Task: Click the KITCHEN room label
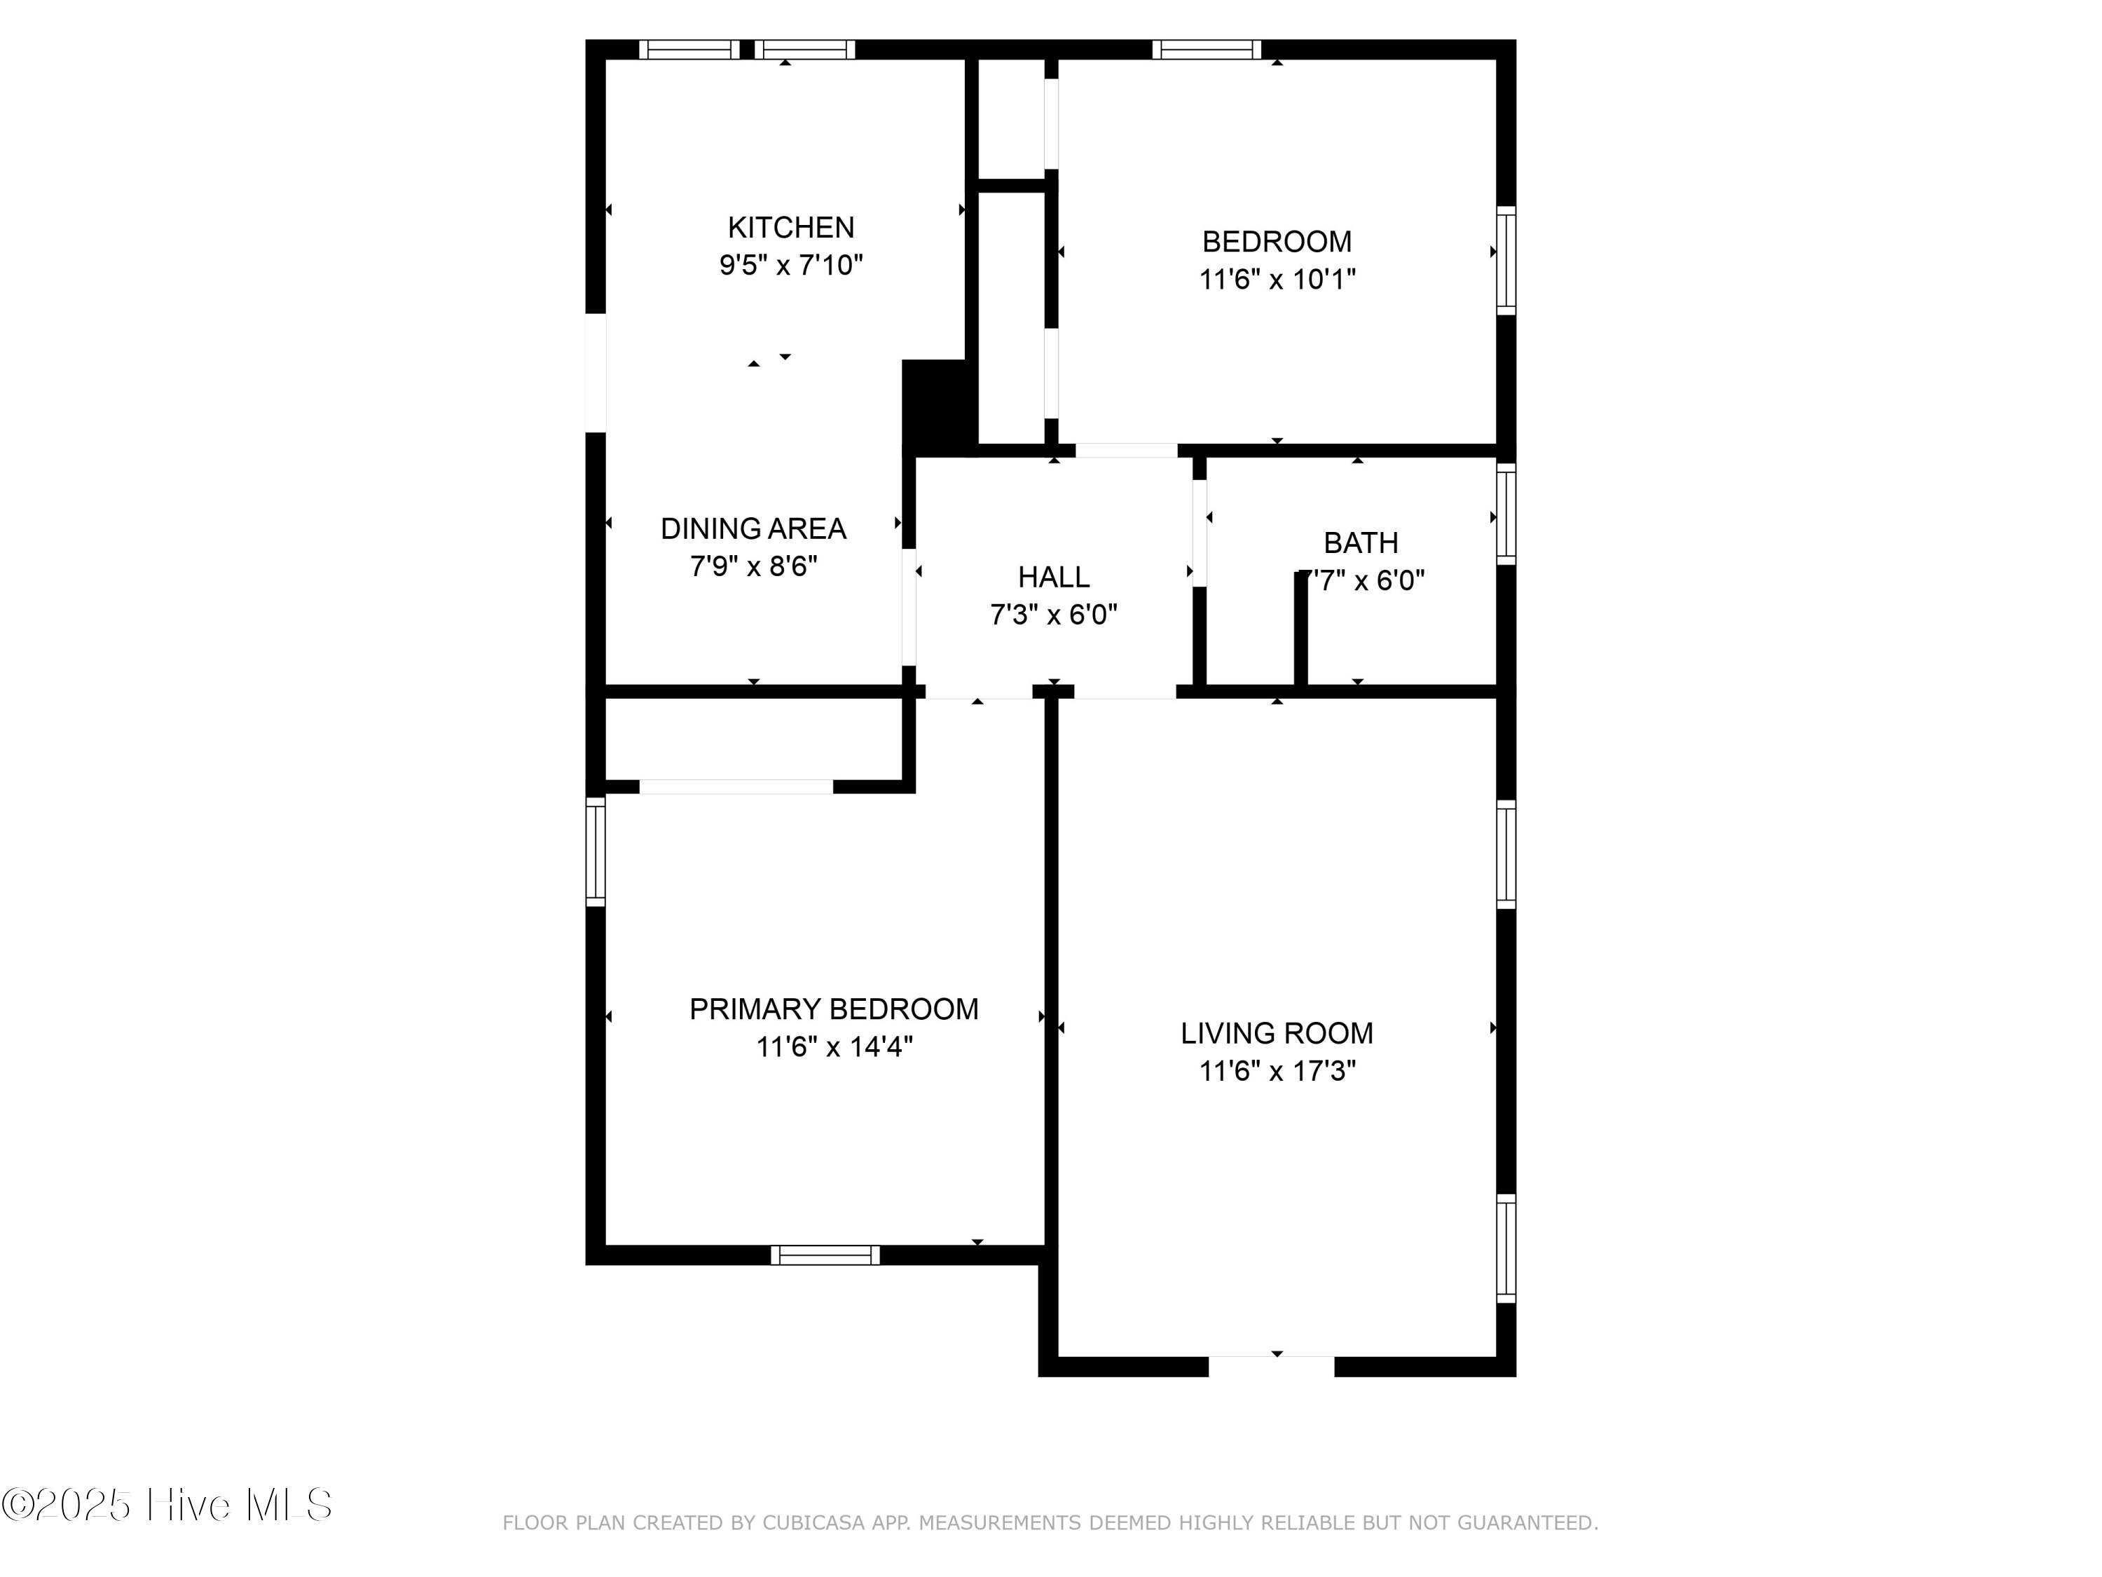(790, 227)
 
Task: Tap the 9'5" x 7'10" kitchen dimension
(790, 265)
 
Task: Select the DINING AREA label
(753, 528)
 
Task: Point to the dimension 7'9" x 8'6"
(753, 566)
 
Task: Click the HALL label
(1053, 577)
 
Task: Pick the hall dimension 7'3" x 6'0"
(1053, 615)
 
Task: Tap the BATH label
(1360, 542)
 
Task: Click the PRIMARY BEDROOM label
(833, 1009)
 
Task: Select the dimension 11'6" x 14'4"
(833, 1046)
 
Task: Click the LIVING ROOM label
(1276, 1033)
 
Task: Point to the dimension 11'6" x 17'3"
(1276, 1071)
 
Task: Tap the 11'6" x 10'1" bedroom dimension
(1276, 280)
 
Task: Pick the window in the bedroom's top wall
(1206, 50)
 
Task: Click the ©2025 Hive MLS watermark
(167, 1505)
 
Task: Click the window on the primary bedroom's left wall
(596, 852)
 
